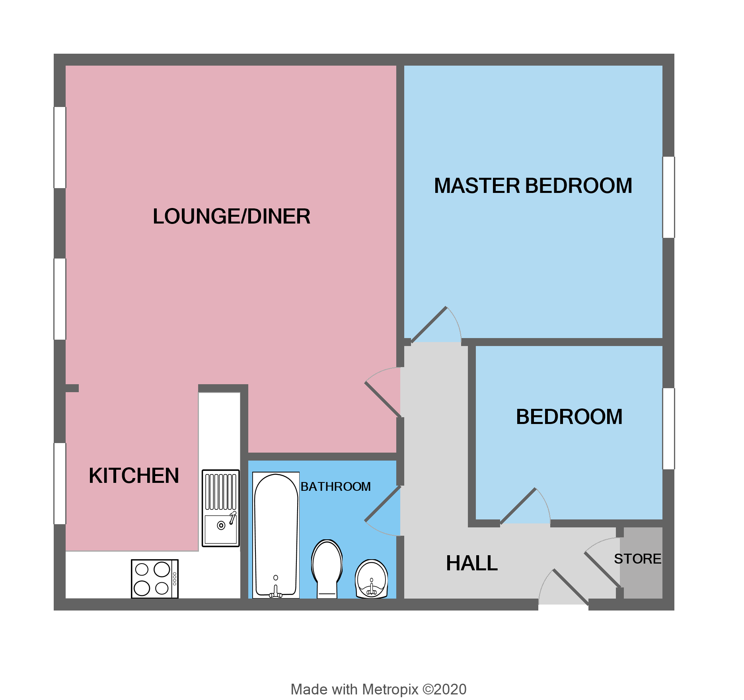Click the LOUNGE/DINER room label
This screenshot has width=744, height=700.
click(x=231, y=217)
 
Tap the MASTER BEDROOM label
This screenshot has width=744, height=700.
click(x=533, y=186)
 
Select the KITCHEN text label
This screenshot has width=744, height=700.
click(x=134, y=476)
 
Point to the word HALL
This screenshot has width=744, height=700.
click(x=471, y=563)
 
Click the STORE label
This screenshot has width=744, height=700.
click(x=637, y=559)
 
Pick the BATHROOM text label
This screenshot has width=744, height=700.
click(x=335, y=486)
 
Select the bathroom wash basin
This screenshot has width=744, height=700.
click(x=371, y=579)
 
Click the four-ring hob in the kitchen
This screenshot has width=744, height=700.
click(x=155, y=579)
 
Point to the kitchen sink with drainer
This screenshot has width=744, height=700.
click(x=220, y=508)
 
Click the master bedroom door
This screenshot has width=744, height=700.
click(x=429, y=325)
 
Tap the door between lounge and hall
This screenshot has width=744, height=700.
click(x=382, y=399)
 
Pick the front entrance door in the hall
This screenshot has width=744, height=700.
click(x=570, y=587)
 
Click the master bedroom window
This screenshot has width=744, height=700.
click(x=668, y=197)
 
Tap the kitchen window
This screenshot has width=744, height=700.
click(x=60, y=484)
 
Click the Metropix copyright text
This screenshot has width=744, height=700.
click(x=378, y=689)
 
